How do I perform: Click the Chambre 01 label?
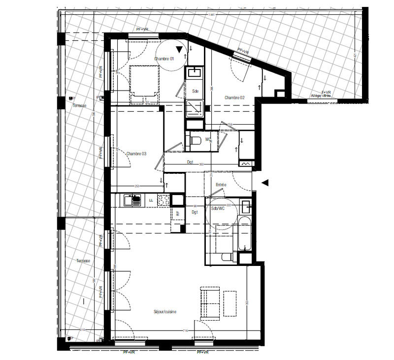pos(164,59)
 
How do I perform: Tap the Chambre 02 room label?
pos(234,98)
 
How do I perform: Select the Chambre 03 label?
pos(136,154)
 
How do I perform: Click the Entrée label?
pos(221,185)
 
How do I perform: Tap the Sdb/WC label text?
pos(217,209)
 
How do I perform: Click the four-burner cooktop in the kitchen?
pos(163,200)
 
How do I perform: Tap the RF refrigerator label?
pos(177,213)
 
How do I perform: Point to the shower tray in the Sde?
pos(195,108)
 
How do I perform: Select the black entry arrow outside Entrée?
pos(264,183)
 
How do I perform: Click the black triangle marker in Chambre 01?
pos(180,49)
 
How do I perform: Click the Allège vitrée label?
pos(321,96)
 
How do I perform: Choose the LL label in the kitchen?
pos(151,200)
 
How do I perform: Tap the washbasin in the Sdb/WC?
pos(246,205)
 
